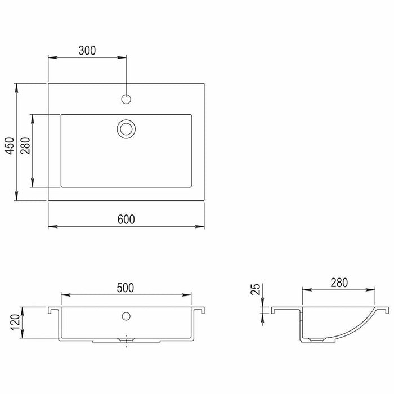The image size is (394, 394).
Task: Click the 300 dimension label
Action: point(87,50)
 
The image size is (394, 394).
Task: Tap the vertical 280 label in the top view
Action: point(25,150)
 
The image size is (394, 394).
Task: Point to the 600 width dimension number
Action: point(126,219)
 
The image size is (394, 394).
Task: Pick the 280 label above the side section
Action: point(339,282)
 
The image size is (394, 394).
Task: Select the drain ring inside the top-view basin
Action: point(127,128)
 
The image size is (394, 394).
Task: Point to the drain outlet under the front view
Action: point(125,340)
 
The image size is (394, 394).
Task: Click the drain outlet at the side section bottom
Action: point(317,340)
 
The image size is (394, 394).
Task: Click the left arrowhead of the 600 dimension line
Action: point(51,227)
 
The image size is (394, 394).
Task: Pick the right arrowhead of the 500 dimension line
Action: point(188,295)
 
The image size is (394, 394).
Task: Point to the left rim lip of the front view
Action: point(52,311)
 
